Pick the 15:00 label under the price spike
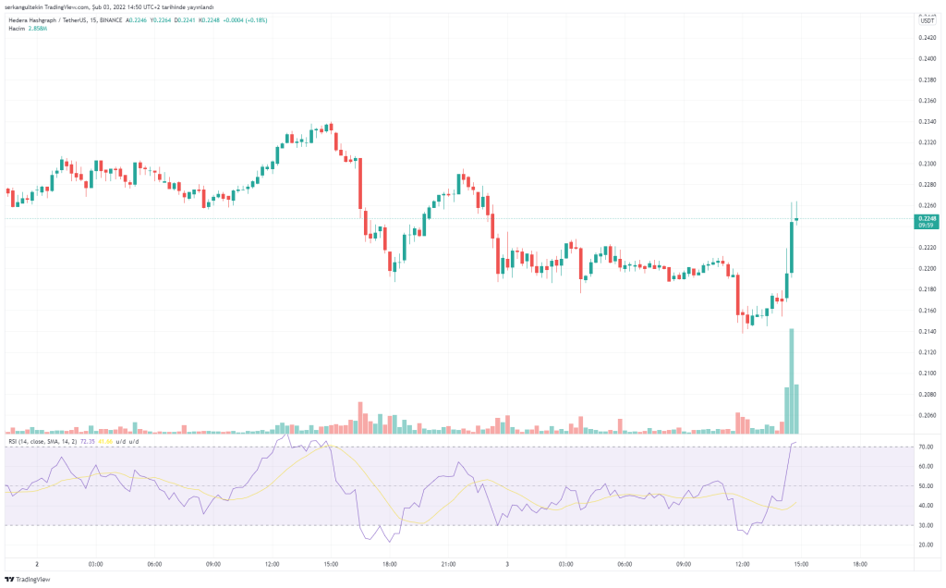(x=801, y=563)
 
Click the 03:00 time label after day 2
(x=95, y=563)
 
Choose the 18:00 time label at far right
(x=860, y=563)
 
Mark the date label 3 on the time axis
(x=507, y=563)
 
